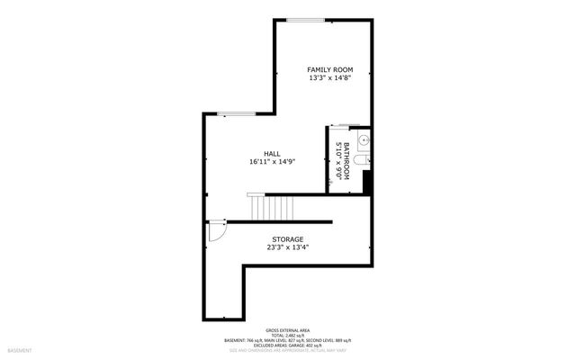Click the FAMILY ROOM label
[x=330, y=69]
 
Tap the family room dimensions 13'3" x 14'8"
[x=330, y=78]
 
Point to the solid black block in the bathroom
[x=367, y=183]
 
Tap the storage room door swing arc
[x=216, y=232]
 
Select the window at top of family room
[x=306, y=20]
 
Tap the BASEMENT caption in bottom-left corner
[x=20, y=349]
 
